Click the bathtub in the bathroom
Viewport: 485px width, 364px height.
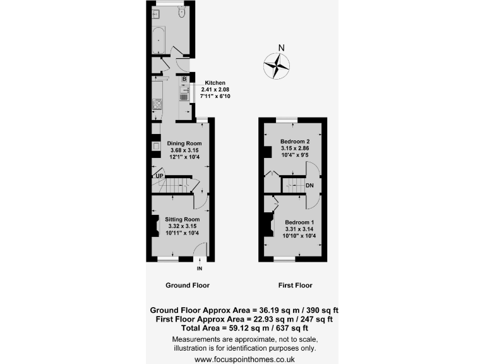[x=158, y=40]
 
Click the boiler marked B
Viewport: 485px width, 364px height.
[x=184, y=79]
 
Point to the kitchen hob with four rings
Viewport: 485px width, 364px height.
[x=157, y=104]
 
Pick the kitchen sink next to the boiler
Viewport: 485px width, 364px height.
[x=186, y=90]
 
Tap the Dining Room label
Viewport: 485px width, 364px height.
[x=184, y=143]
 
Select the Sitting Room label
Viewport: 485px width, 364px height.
[x=182, y=219]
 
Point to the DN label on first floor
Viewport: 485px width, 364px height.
[x=309, y=185]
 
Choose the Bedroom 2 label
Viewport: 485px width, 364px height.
[x=295, y=140]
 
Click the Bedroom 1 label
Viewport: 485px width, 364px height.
[x=299, y=222]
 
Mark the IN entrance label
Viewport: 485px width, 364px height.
[x=200, y=268]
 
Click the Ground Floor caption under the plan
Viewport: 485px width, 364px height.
[x=188, y=285]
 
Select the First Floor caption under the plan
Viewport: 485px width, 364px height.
[x=295, y=285]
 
